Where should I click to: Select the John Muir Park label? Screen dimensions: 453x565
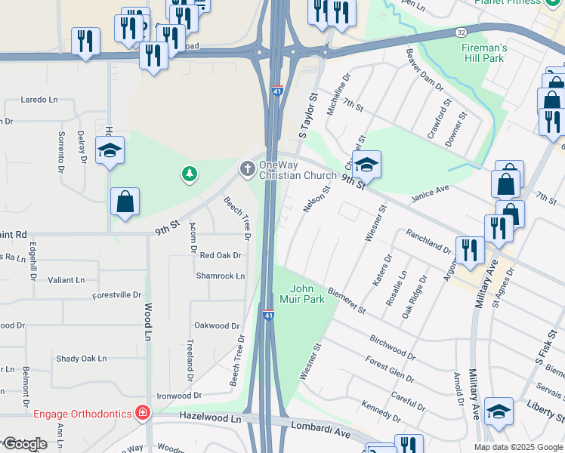click(307, 294)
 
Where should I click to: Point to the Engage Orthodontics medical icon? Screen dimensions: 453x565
click(142, 412)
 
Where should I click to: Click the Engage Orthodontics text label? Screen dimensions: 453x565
click(83, 413)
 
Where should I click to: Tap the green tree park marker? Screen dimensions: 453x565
click(189, 175)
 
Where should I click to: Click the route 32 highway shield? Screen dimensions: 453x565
click(461, 32)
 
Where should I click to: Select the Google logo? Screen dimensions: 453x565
click(24, 443)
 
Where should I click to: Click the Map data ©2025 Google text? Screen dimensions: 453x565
click(518, 447)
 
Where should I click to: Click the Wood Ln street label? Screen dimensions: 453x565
click(147, 321)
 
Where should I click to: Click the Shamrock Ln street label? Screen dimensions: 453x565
click(221, 276)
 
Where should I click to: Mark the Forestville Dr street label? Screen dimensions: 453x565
click(117, 294)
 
